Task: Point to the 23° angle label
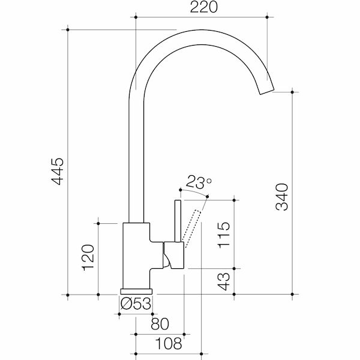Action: (199, 181)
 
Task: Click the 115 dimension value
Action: (223, 236)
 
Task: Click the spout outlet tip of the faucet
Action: (265, 90)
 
